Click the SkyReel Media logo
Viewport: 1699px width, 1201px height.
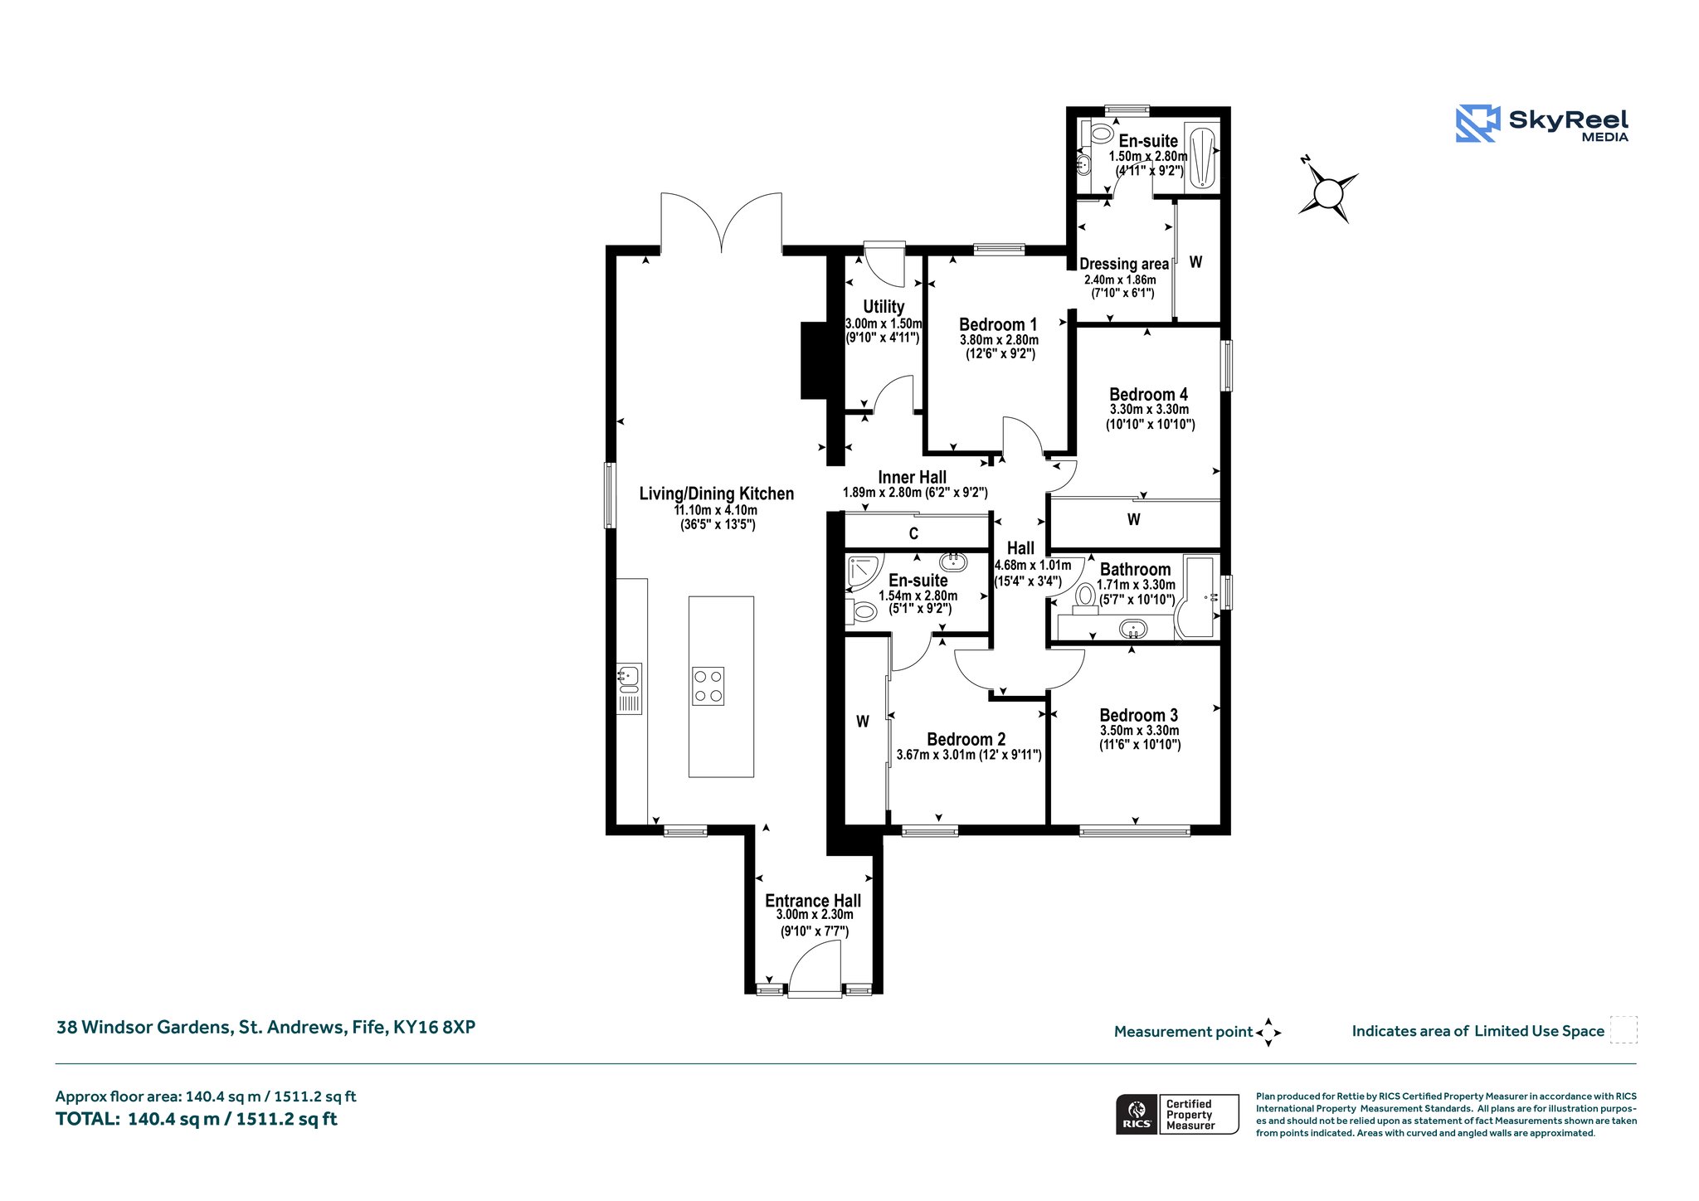tap(1542, 124)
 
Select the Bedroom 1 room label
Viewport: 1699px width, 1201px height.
tap(998, 324)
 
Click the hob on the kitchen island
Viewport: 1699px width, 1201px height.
tap(708, 686)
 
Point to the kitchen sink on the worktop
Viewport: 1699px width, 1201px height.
tap(629, 688)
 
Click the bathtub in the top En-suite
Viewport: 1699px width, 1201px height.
tap(1202, 158)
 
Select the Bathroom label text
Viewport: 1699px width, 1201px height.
tap(1135, 569)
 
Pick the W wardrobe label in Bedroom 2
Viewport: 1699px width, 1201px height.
tap(863, 722)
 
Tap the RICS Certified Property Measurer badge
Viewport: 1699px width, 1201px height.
tap(1177, 1114)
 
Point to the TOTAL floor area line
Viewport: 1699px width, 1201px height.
tap(197, 1119)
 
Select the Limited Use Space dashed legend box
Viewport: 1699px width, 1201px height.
tap(1624, 1029)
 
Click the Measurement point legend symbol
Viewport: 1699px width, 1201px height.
tap(1268, 1033)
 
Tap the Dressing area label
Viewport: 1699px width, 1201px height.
tap(1123, 264)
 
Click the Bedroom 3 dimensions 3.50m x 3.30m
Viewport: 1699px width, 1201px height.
tap(1139, 731)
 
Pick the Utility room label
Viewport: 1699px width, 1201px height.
tap(884, 307)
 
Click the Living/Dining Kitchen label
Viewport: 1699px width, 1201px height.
tap(716, 494)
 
